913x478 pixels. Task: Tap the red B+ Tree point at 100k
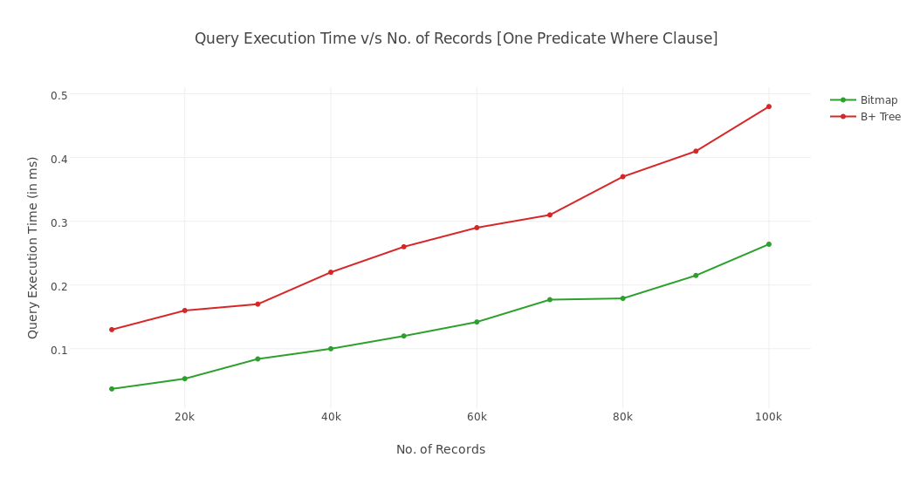pyautogui.click(x=769, y=106)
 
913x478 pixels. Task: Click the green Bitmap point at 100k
pyautogui.click(x=769, y=244)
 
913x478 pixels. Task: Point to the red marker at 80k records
pyautogui.click(x=622, y=177)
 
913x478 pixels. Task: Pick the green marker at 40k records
pyautogui.click(x=331, y=349)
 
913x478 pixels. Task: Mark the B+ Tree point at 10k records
pyautogui.click(x=112, y=330)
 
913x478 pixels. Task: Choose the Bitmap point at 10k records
pyautogui.click(x=112, y=389)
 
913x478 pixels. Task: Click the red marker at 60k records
pyautogui.click(x=477, y=228)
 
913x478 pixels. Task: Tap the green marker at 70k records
pyautogui.click(x=550, y=300)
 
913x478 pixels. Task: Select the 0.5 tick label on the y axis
pyautogui.click(x=58, y=95)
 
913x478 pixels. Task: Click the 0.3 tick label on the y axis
pyautogui.click(x=58, y=222)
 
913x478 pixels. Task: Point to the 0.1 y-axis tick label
pyautogui.click(x=58, y=350)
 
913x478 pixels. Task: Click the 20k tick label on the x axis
pyautogui.click(x=184, y=417)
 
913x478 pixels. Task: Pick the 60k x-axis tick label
pyautogui.click(x=477, y=417)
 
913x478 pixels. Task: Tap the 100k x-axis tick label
pyautogui.click(x=768, y=417)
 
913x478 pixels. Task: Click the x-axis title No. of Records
pyautogui.click(x=441, y=450)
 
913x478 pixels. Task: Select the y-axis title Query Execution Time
pyautogui.click(x=33, y=248)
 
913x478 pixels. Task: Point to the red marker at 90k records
pyautogui.click(x=696, y=152)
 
